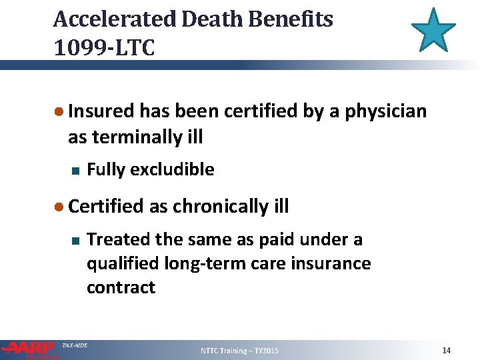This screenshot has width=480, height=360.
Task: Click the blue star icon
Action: click(x=433, y=31)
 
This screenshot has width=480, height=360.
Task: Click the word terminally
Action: click(x=135, y=137)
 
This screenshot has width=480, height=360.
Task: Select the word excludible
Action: click(x=172, y=170)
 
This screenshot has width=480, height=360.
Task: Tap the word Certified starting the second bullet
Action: click(x=106, y=207)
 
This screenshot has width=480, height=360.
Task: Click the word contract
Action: click(x=121, y=287)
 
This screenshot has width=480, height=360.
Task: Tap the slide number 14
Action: click(x=447, y=350)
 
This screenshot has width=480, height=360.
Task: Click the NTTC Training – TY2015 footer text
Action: click(x=240, y=351)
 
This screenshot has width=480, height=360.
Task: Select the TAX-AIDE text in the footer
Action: click(x=74, y=345)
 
